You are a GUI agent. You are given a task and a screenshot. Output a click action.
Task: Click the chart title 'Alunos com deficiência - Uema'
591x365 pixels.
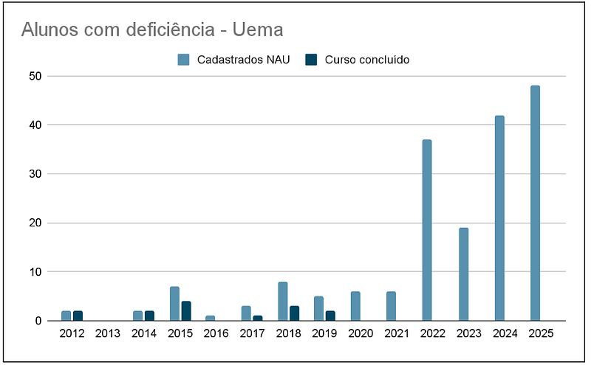(152, 29)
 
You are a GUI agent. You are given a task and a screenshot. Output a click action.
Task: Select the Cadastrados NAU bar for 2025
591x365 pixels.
(535, 204)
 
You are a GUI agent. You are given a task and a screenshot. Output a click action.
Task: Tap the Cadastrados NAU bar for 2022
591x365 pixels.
(427, 230)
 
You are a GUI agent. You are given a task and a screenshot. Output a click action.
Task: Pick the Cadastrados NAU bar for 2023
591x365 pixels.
(463, 274)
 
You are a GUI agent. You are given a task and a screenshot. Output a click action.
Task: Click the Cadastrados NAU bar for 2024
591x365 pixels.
(499, 218)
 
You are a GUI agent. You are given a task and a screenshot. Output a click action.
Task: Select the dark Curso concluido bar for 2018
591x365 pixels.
(294, 313)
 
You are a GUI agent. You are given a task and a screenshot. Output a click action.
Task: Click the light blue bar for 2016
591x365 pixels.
(210, 319)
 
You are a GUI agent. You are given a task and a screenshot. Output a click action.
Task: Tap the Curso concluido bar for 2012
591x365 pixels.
(78, 316)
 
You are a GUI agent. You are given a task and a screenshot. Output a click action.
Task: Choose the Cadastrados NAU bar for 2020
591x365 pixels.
(355, 306)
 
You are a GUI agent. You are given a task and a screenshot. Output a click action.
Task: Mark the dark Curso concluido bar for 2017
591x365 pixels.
(258, 319)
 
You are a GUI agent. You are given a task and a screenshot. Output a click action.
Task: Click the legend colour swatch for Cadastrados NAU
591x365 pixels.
(184, 60)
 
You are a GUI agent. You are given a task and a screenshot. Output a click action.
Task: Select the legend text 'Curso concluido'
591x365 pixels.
(366, 60)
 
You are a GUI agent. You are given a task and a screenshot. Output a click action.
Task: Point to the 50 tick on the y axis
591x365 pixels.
(35, 76)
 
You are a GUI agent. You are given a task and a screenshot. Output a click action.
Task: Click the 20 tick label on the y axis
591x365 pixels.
(35, 223)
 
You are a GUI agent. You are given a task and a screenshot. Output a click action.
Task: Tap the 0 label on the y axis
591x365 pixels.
(38, 321)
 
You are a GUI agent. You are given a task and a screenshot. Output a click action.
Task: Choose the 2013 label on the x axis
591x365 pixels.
(108, 334)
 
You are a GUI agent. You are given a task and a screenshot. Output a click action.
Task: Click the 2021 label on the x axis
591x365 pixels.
(397, 334)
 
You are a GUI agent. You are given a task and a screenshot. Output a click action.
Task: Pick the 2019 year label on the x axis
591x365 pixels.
(325, 334)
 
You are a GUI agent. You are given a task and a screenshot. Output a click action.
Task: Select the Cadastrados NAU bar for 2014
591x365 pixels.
(137, 316)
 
